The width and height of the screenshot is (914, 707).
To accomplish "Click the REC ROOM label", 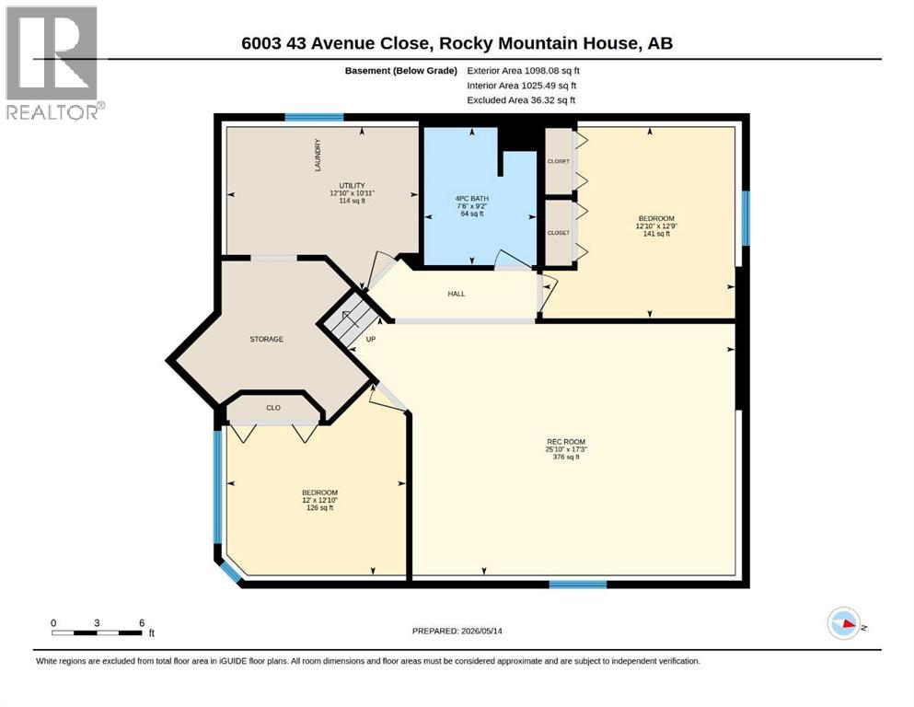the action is pos(565,442).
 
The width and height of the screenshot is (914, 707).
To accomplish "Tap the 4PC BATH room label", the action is pos(471,199).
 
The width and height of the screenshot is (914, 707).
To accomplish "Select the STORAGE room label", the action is pos(266,339).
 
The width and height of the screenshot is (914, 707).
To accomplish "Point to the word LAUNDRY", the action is pos(318,155).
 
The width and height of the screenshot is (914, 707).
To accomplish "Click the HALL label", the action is pos(457,295).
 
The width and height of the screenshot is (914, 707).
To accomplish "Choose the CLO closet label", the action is pos(273,408).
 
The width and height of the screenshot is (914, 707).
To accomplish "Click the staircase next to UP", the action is pos(350,320).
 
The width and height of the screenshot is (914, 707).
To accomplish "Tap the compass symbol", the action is pos(843,623).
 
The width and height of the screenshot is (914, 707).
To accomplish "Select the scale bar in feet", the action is pos(97,632).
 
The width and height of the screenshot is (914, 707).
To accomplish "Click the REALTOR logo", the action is pos(53,63).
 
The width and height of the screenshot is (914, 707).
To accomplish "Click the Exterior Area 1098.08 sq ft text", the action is pos(523,71).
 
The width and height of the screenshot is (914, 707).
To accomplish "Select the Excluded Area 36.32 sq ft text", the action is pos(521,100).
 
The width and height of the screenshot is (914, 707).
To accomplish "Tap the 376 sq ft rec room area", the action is pos(566,457).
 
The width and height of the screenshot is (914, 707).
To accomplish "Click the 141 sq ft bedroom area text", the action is pos(656,234).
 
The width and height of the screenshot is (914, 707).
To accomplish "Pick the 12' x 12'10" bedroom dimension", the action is pos(319,500).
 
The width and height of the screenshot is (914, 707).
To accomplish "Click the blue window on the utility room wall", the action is pos(314,117).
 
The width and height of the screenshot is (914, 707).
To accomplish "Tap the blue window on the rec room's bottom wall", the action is pos(578,584).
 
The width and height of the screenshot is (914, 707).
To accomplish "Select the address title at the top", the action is pos(457,43).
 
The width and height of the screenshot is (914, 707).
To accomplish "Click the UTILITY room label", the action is pos(353,186).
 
